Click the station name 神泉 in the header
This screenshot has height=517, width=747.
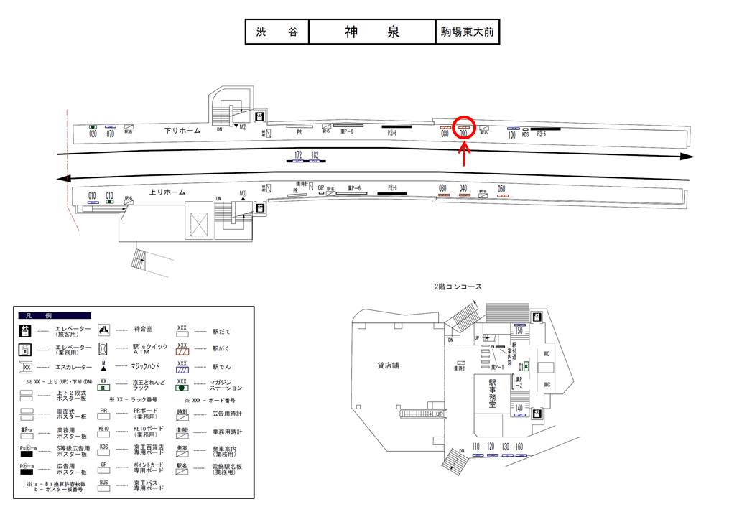click(x=373, y=32)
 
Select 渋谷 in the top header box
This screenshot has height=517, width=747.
click(x=277, y=33)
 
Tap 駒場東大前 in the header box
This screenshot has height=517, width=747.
click(x=468, y=33)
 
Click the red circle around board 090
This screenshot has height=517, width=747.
click(x=464, y=128)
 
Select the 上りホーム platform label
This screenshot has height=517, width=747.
click(x=167, y=192)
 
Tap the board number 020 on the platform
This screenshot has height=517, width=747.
click(x=93, y=134)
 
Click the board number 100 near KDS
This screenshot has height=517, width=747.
click(x=512, y=134)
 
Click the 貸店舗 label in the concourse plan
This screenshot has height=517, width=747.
click(x=388, y=365)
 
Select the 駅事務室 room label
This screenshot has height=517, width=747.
click(x=493, y=393)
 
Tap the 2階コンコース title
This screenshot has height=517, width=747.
click(x=458, y=287)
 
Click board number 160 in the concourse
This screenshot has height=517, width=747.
click(x=519, y=446)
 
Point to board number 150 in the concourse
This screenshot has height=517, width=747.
click(x=519, y=330)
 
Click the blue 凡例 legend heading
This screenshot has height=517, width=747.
click(x=55, y=315)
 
